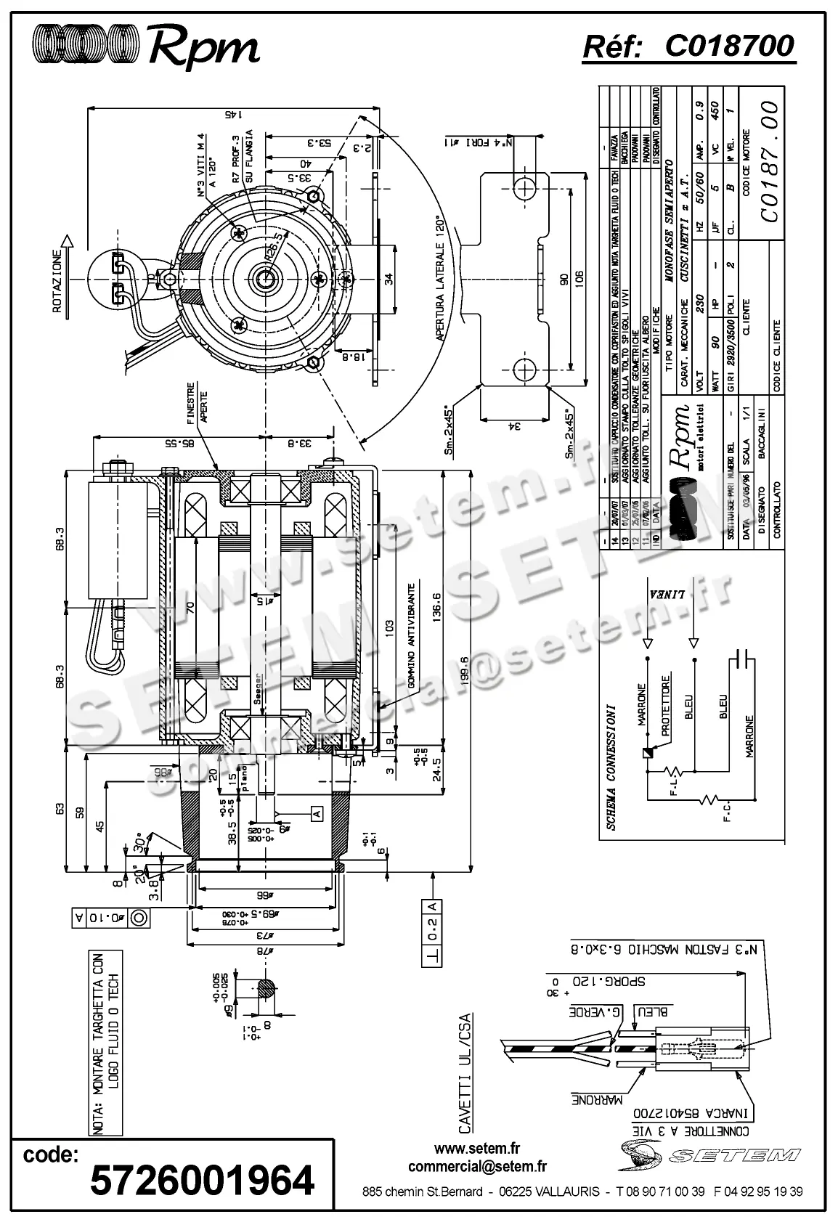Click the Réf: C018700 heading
[688, 46]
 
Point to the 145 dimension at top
[232, 113]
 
